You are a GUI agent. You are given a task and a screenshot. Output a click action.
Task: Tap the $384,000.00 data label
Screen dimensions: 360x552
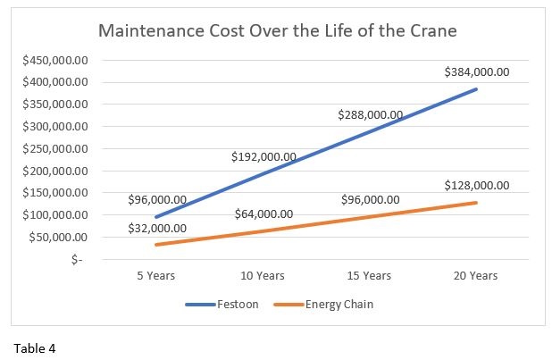476,71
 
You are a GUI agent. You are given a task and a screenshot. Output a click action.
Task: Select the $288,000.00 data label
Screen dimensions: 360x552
370,115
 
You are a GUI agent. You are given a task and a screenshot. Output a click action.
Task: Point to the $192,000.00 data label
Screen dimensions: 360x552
263,157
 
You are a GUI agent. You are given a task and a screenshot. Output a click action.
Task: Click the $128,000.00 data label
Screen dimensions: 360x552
476,186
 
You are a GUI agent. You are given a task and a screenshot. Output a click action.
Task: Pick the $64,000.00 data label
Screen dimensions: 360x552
263,214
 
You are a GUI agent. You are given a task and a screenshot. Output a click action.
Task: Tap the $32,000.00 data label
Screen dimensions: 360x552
156,228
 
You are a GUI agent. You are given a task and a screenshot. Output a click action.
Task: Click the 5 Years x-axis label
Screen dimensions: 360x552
156,276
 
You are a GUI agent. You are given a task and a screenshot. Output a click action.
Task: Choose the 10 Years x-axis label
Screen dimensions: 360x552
263,276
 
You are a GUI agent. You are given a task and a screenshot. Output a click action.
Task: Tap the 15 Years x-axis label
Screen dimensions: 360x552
370,276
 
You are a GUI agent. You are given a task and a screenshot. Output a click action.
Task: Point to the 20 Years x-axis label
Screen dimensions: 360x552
476,276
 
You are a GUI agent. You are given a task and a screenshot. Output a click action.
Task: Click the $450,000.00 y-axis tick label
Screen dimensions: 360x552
55,60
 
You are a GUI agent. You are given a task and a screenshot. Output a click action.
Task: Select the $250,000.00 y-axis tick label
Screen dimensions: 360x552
55,148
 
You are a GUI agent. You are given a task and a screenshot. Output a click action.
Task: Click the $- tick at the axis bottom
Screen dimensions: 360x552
78,260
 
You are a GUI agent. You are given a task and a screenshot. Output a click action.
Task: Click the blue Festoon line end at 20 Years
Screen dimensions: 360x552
476,89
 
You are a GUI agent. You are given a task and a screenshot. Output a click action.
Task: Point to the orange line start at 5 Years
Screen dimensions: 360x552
157,245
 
